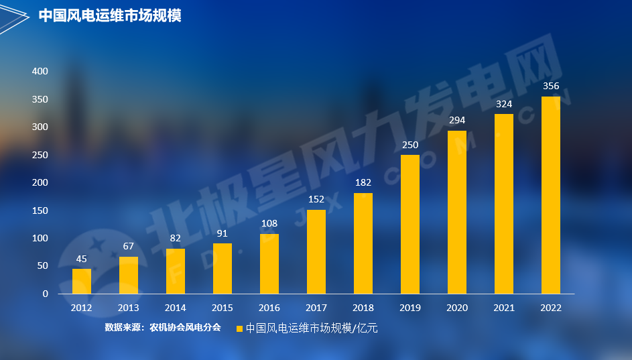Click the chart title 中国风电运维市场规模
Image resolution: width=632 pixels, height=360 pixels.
110,15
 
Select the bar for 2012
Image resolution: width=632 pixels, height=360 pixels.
82,282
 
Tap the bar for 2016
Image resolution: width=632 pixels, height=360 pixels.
269,264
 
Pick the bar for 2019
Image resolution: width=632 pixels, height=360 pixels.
410,225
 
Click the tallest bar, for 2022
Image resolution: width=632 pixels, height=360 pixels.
551,195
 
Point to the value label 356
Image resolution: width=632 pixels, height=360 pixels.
551,86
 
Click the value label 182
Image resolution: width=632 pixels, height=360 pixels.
363,182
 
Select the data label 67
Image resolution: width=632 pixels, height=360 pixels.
129,246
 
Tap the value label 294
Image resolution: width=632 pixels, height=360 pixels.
457,120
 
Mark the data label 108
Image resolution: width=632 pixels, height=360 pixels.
269,223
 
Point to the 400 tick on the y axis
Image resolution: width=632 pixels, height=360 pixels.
40,71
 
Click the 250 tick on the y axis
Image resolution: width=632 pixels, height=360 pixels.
40,155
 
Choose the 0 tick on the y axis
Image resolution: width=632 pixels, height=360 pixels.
46,294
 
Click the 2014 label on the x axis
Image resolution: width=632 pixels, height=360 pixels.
176,308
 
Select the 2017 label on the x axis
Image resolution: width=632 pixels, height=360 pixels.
316,308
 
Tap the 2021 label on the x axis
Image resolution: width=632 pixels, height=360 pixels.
504,308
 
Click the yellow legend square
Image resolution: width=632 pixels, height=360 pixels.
239,328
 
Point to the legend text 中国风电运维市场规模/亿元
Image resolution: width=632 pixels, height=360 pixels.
312,328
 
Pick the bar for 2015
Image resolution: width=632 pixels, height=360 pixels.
223,269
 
